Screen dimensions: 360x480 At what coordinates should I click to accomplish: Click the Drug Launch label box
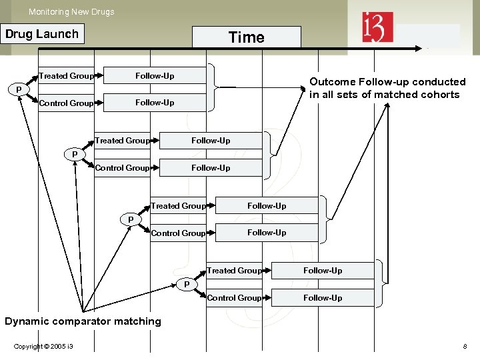point(42,34)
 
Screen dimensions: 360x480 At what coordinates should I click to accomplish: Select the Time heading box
point(246,37)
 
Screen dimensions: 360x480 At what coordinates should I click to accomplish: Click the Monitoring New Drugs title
point(71,11)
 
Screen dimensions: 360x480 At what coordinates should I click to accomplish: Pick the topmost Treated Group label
point(66,76)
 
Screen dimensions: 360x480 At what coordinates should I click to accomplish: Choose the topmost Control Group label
point(66,103)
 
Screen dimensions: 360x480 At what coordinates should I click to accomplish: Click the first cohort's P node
point(19,90)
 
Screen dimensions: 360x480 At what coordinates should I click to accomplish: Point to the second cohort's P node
point(75,155)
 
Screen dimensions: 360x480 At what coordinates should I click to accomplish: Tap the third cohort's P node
point(131,219)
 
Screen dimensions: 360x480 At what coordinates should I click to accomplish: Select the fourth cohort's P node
point(187,285)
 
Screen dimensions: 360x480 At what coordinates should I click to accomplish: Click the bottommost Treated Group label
point(234,271)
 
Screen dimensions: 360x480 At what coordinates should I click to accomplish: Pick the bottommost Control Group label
point(234,298)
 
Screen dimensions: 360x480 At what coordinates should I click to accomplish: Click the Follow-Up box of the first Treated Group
point(155,76)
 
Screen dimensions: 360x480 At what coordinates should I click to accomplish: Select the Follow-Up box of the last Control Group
point(323,298)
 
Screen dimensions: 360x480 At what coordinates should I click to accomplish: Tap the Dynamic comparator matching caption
point(83,321)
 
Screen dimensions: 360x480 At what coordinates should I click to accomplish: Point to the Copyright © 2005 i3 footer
point(43,347)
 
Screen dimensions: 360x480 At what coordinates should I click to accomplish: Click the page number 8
point(465,347)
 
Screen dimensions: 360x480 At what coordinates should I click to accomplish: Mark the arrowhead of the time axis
point(418,48)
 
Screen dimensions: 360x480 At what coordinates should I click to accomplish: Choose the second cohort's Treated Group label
point(122,141)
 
